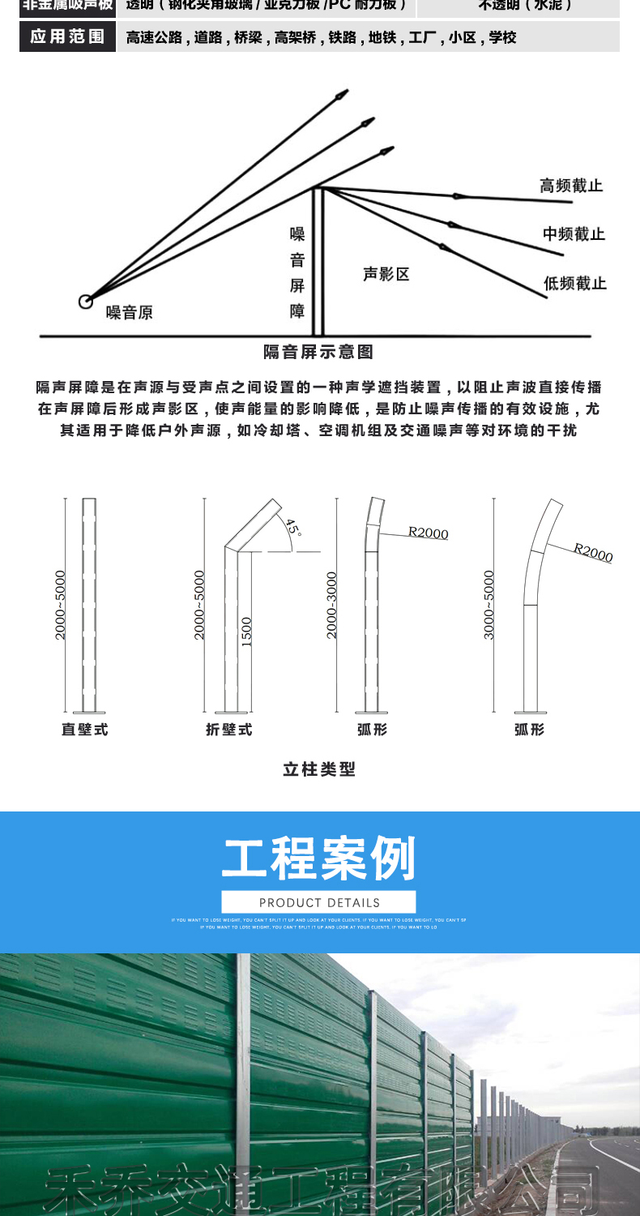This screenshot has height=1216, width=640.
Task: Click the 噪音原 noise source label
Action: tap(130, 312)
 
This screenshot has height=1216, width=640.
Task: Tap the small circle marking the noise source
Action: tap(85, 302)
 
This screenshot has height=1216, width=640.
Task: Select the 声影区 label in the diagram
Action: tap(386, 274)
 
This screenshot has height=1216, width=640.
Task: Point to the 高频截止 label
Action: tap(572, 186)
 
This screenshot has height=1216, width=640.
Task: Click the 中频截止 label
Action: tap(574, 234)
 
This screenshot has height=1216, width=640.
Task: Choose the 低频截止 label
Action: tap(574, 283)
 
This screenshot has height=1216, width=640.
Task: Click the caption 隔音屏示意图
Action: tap(318, 352)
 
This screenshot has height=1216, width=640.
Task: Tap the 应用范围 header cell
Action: tap(67, 37)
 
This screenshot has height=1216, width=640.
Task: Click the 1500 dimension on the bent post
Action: tap(247, 632)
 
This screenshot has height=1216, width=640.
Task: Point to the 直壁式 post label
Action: tap(84, 730)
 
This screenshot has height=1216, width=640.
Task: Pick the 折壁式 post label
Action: tap(229, 730)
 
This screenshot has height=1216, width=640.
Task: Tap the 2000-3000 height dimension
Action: tap(331, 605)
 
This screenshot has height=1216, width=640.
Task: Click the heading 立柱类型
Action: tap(319, 769)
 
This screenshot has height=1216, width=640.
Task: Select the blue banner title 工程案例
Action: tap(318, 858)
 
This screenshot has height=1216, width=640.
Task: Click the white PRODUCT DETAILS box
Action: tap(318, 902)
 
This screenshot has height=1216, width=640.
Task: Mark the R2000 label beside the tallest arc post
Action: tap(594, 552)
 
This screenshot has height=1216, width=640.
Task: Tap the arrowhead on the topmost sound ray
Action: tap(343, 95)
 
